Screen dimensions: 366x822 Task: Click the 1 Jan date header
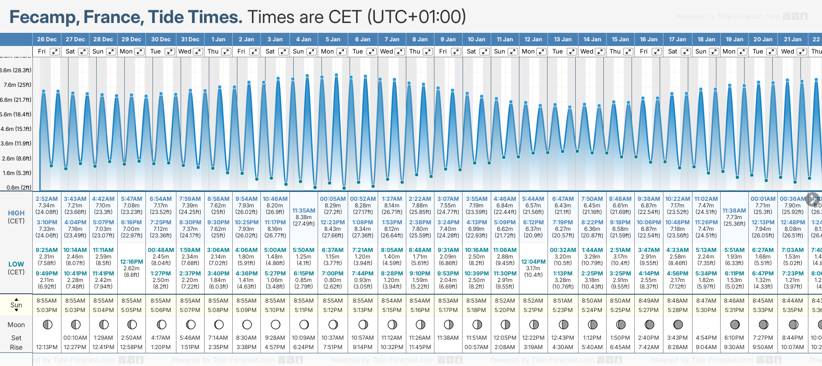[x=218, y=39]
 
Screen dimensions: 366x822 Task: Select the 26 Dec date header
[x=46, y=39]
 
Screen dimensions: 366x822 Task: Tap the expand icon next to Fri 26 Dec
[x=55, y=52]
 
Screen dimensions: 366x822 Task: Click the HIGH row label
[x=16, y=213]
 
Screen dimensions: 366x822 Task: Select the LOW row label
[x=16, y=264]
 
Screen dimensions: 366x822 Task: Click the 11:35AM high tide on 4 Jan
[x=304, y=211]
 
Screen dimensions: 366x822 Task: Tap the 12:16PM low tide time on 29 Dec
[x=131, y=262]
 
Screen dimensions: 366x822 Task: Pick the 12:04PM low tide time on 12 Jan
[x=533, y=262]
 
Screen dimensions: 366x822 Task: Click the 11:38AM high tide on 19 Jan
[x=734, y=211]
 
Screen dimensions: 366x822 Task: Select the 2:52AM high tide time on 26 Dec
[x=46, y=199]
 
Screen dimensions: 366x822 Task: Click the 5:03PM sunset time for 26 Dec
[x=46, y=310]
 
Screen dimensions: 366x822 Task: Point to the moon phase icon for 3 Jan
[x=275, y=324]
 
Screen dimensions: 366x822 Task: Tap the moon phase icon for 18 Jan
[x=707, y=324]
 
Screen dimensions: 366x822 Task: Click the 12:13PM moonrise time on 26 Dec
[x=46, y=347]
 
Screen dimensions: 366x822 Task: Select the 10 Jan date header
[x=476, y=39]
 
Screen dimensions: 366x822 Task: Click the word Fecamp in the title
[x=44, y=17]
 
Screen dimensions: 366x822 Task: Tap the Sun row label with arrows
[x=16, y=305]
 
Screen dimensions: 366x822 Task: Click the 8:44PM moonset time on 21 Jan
[x=792, y=338]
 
